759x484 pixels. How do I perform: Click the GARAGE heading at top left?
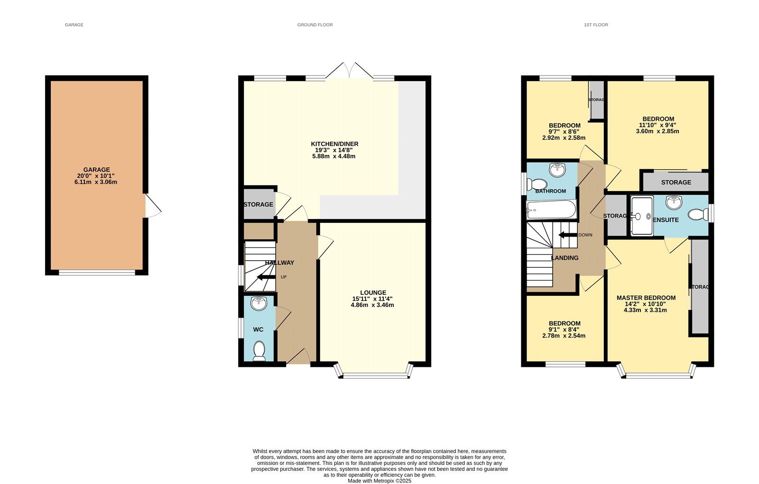coord(74,25)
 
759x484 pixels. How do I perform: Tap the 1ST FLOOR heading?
coord(596,25)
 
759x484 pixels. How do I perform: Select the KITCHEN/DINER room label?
coord(334,144)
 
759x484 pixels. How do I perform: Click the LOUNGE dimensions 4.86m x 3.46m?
coord(372,305)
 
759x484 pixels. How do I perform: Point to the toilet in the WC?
coord(259,351)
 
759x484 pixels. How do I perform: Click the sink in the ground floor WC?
coord(259,303)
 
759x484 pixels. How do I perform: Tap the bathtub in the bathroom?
coord(551,210)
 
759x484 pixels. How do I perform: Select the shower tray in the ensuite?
coord(642,216)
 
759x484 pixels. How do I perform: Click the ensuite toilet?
coord(697,215)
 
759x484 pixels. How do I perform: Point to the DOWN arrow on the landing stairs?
coord(567,235)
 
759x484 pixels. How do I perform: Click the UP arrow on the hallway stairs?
coord(266,277)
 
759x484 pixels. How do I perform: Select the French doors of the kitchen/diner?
coord(349,71)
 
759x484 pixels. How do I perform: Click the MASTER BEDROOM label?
coord(646,298)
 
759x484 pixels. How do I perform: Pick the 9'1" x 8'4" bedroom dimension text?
coord(564,329)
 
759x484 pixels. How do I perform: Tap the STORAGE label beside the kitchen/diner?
coord(258,204)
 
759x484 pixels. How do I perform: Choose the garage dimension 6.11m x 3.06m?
coord(96,182)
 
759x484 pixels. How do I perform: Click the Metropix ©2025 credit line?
coord(379,481)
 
